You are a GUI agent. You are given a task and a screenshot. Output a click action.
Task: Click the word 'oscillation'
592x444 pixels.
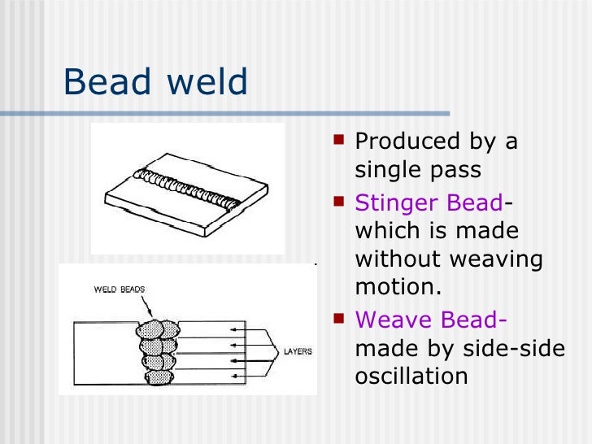411,377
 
